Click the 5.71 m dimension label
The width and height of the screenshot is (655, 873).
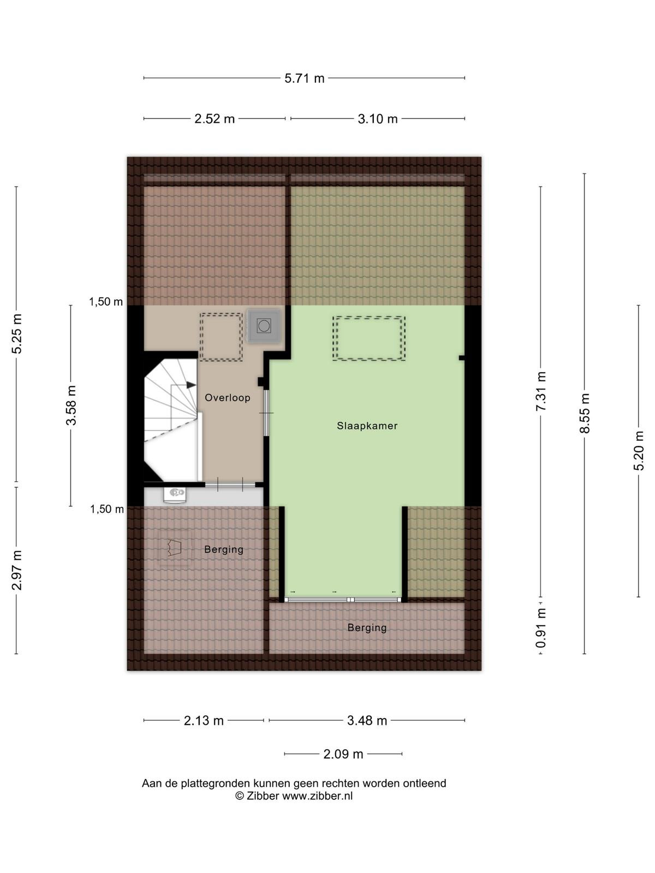(304, 79)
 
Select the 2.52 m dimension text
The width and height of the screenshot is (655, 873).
(215, 119)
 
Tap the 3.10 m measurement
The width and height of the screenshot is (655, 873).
(377, 119)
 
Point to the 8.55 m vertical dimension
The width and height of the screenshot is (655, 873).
(585, 413)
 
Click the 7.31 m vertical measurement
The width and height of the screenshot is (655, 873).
(541, 391)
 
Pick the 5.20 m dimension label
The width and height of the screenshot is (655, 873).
(639, 451)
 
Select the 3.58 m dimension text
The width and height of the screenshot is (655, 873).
(71, 405)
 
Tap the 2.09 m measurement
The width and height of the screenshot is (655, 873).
(343, 754)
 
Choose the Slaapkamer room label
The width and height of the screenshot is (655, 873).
(367, 426)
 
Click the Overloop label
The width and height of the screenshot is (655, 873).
(228, 398)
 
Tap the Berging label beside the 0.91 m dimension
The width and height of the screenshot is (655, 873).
(367, 628)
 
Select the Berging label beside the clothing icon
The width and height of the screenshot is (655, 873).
(223, 549)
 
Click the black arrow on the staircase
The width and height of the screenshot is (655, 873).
(191, 385)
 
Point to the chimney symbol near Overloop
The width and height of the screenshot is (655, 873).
(264, 326)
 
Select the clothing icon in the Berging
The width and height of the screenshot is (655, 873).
(175, 548)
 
